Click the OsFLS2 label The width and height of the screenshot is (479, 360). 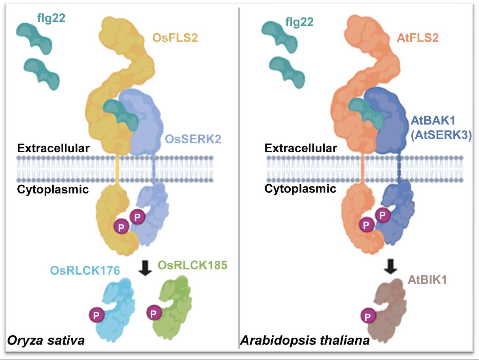pos(176,39)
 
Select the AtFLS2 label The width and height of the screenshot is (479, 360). pos(417,38)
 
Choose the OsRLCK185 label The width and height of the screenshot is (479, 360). pos(193,265)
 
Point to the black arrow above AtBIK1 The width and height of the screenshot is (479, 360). pos(391,267)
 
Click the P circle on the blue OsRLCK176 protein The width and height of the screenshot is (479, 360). pos(96,315)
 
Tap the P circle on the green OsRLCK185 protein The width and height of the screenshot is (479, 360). pos(153,313)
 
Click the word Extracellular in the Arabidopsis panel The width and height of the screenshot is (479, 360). pos(301,148)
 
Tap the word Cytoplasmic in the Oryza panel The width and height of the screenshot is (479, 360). pos(53,189)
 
